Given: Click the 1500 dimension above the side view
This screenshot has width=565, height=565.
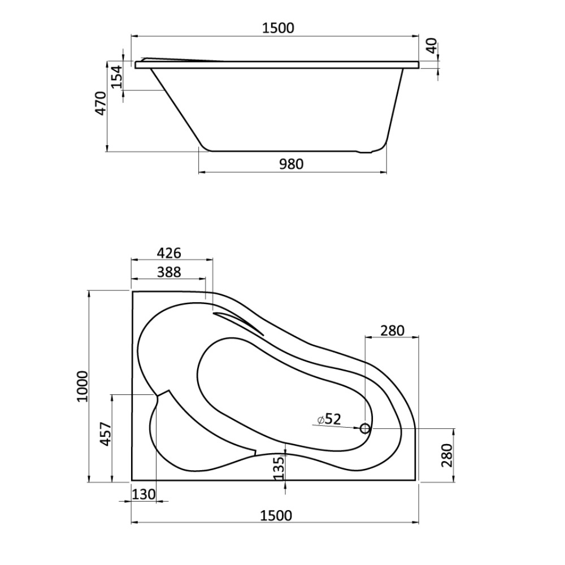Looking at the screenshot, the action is [278, 28].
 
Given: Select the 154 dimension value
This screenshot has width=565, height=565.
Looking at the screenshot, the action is [116, 76].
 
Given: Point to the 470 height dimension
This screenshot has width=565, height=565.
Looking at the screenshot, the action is [100, 103].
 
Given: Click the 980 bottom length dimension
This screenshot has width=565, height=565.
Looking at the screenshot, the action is [291, 164].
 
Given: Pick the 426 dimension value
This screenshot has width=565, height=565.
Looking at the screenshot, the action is [168, 253].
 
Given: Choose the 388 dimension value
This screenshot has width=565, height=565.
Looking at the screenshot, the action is [168, 272].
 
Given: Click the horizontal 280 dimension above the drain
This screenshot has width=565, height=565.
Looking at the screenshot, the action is [392, 331].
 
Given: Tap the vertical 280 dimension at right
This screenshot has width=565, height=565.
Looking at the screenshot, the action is [446, 455].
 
